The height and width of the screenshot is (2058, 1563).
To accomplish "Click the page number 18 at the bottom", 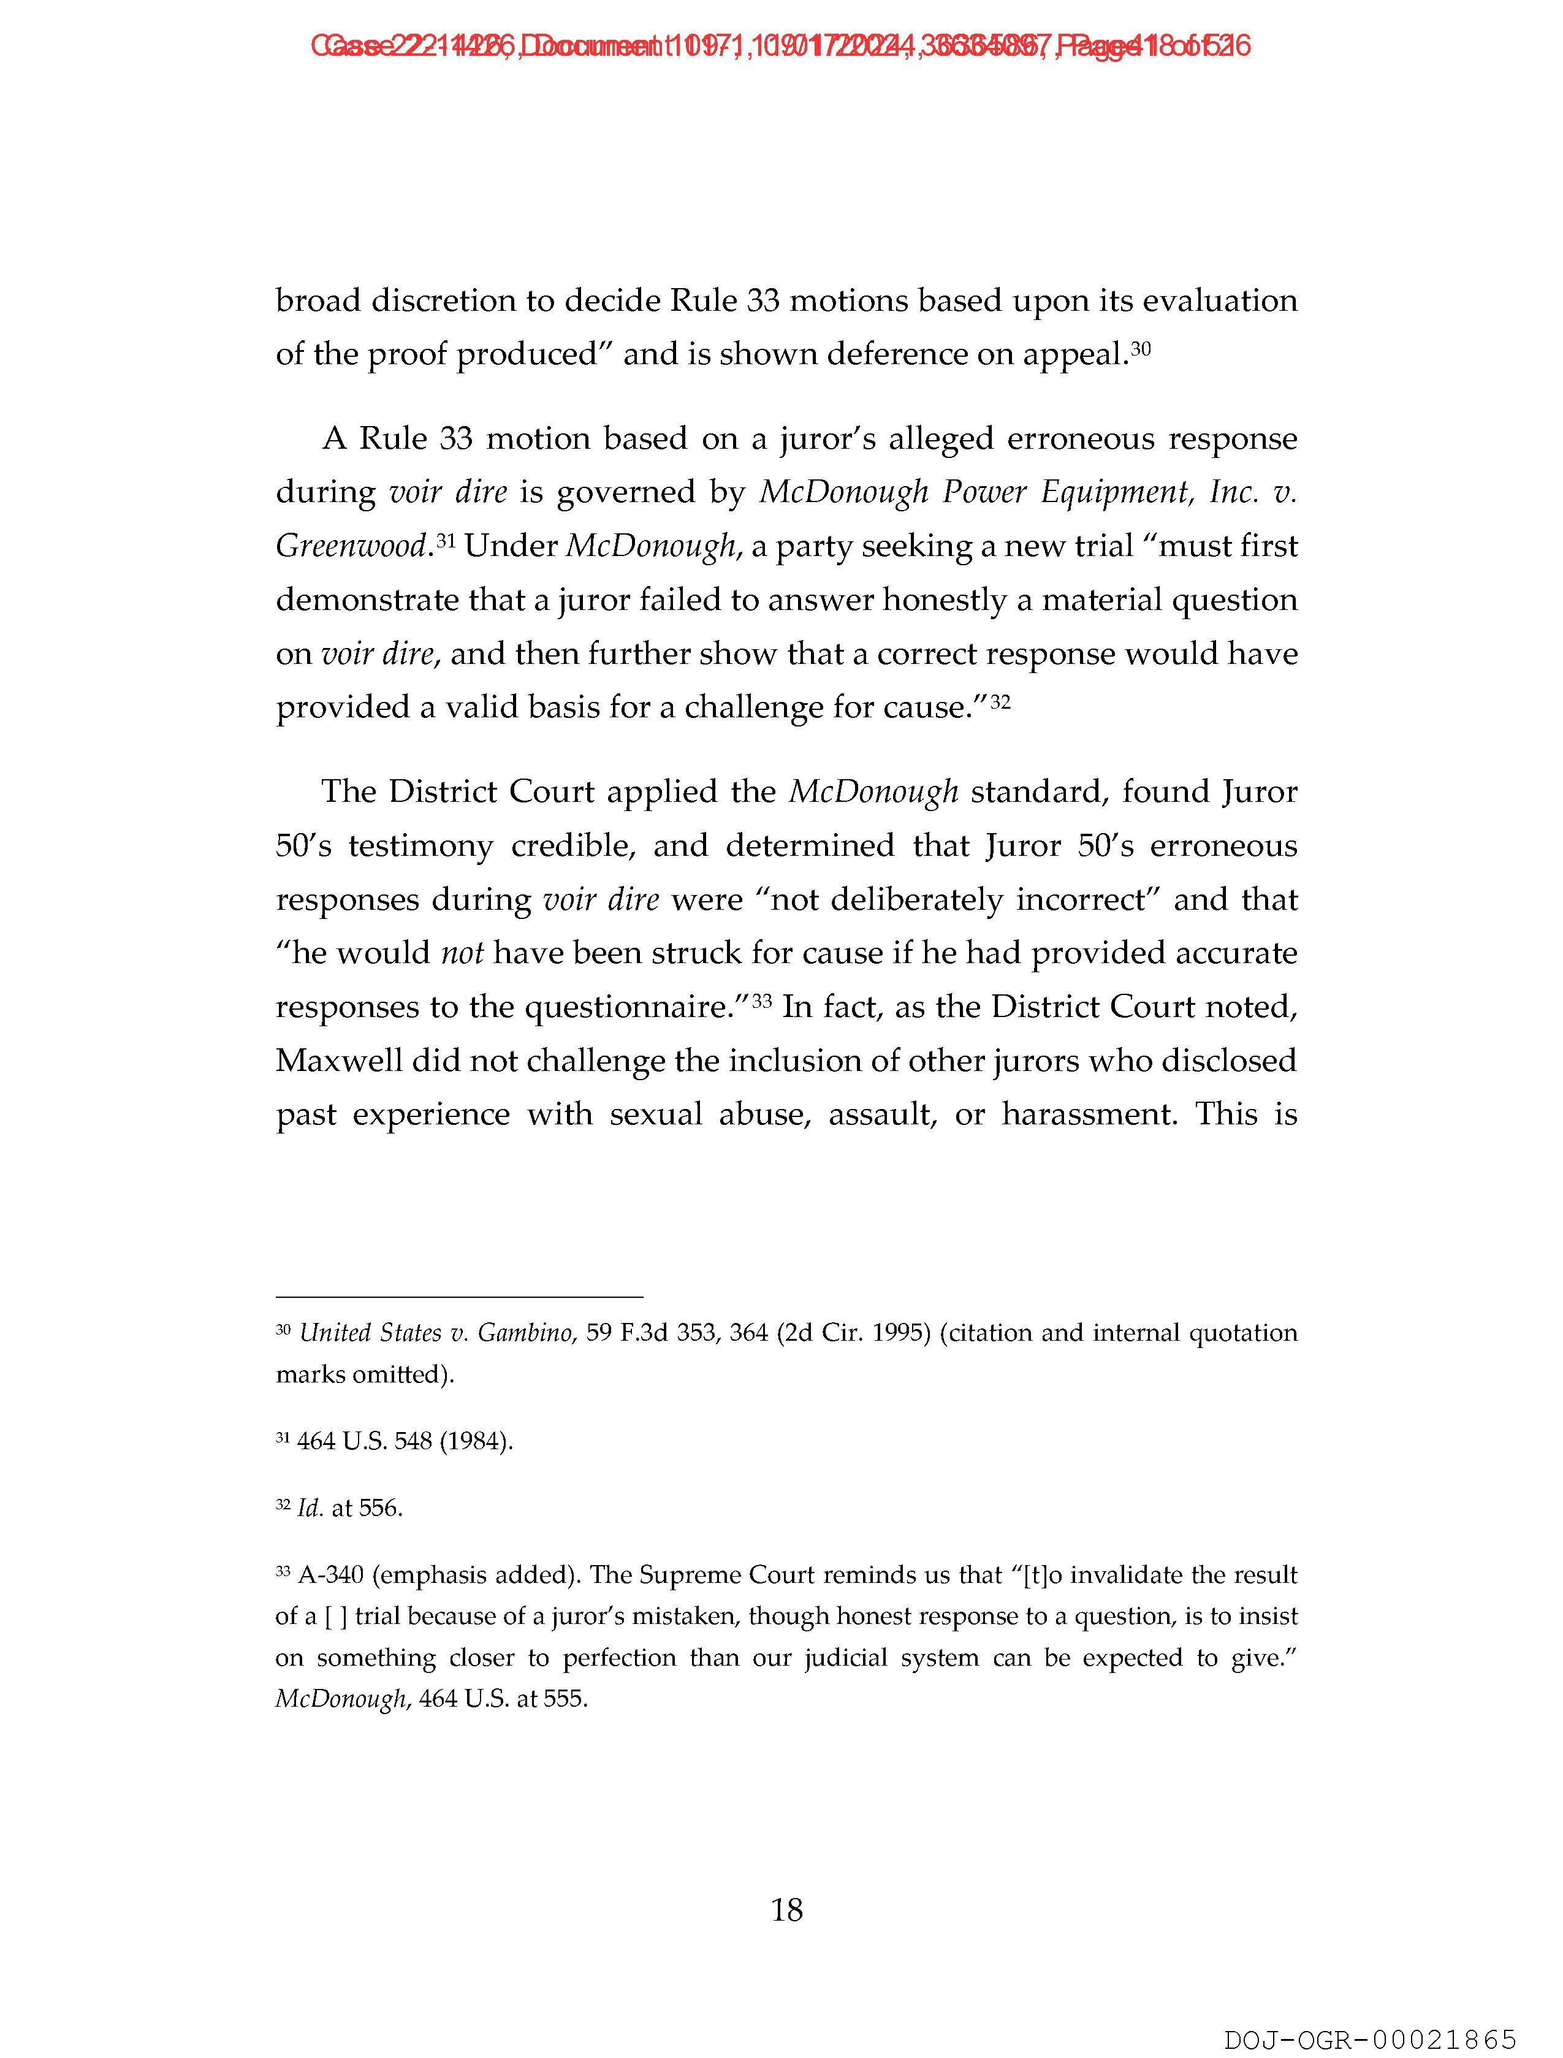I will [x=786, y=1910].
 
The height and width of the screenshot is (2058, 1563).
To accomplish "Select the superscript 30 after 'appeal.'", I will [x=1141, y=349].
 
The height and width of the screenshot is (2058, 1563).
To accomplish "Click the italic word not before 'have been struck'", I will [x=462, y=954].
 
